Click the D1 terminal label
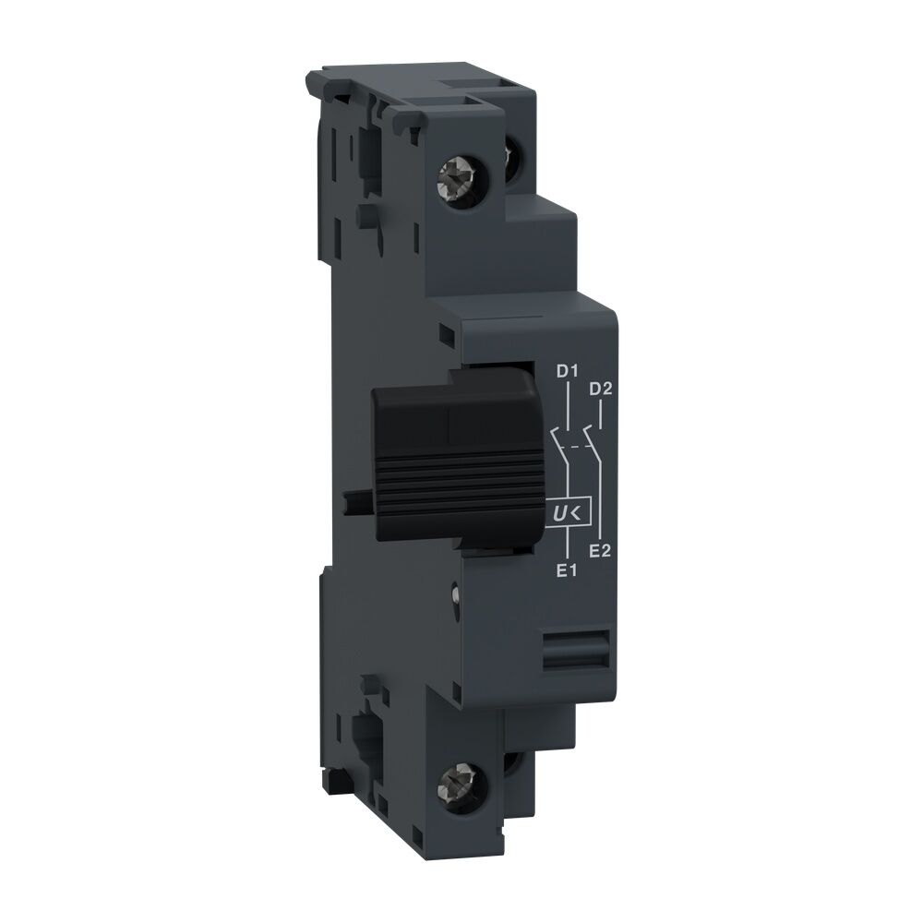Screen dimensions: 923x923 (x=566, y=373)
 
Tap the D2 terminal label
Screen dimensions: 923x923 (x=601, y=389)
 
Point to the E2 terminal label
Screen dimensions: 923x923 (x=601, y=551)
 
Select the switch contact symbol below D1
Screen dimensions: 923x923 (x=557, y=441)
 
